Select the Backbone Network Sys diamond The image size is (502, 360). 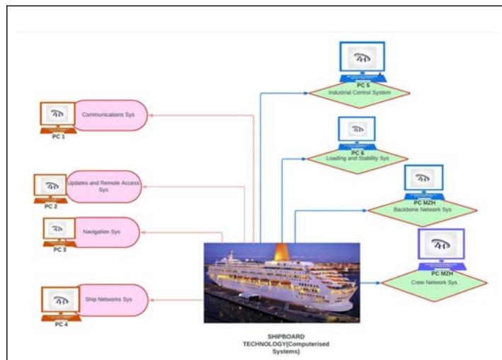(423, 210)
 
